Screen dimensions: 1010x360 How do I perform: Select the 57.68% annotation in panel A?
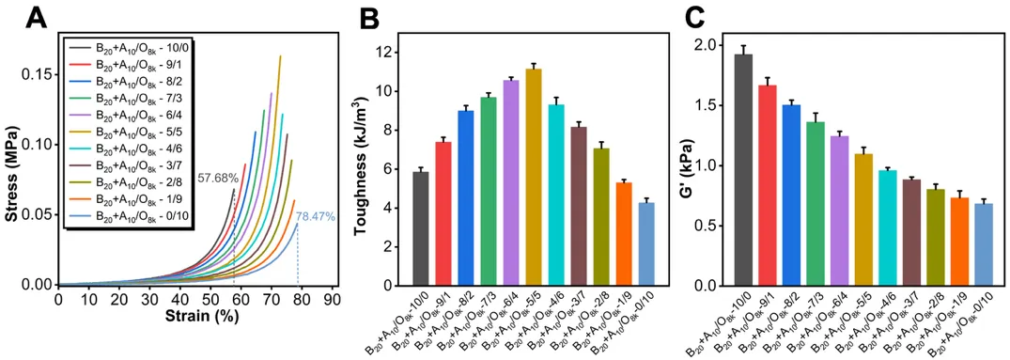(213, 177)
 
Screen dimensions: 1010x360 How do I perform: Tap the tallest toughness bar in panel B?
(534, 177)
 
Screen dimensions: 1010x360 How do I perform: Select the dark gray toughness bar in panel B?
(421, 228)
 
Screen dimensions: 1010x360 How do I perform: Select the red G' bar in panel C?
(768, 185)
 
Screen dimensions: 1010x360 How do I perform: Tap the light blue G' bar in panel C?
(983, 244)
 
